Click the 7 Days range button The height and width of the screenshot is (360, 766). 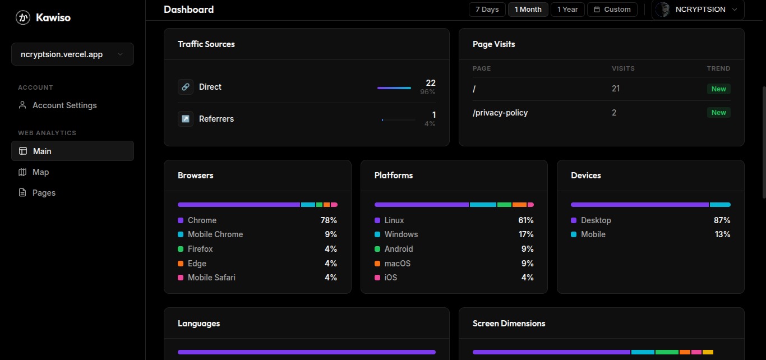[487, 10]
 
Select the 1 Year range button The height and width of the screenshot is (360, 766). [567, 10]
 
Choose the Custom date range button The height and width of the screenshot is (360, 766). [612, 10]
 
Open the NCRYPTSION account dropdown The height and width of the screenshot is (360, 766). [698, 10]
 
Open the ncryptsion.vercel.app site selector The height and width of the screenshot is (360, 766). [72, 54]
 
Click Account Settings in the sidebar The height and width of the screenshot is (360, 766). [64, 105]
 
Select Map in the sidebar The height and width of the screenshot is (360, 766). [40, 172]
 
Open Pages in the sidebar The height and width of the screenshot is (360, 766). [44, 193]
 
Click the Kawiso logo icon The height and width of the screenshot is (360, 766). [23, 18]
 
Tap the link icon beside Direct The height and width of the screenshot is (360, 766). [186, 87]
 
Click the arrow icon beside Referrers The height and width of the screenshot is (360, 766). [186, 119]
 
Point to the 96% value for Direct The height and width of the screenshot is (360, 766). [428, 92]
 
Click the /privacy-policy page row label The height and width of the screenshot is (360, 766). [500, 113]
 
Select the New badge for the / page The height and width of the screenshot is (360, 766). [718, 89]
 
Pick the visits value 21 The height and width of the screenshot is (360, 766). [616, 89]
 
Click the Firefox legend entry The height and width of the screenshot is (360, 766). [200, 249]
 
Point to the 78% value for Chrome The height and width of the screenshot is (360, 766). [329, 220]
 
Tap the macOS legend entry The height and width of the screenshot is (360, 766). [397, 264]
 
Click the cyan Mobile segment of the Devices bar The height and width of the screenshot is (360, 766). [720, 205]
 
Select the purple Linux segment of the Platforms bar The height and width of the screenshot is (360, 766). [421, 205]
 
